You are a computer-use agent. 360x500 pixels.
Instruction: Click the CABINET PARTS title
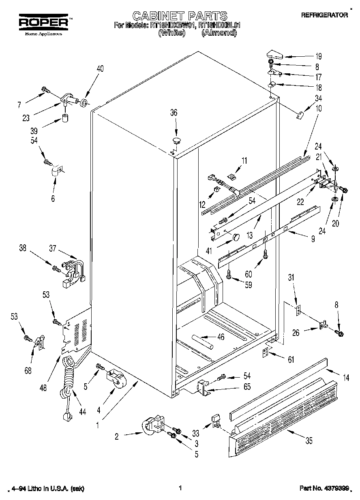tap(180, 16)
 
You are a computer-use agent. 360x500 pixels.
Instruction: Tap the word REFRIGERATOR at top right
tap(324, 15)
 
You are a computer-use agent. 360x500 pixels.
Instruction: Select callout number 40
tap(100, 68)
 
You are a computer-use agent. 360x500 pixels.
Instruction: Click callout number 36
tap(174, 113)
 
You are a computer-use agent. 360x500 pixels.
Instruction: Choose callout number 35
tap(309, 441)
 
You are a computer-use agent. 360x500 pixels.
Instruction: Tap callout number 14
tap(346, 378)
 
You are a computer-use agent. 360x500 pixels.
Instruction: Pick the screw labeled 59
tap(230, 275)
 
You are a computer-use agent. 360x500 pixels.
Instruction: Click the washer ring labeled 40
tap(84, 102)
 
